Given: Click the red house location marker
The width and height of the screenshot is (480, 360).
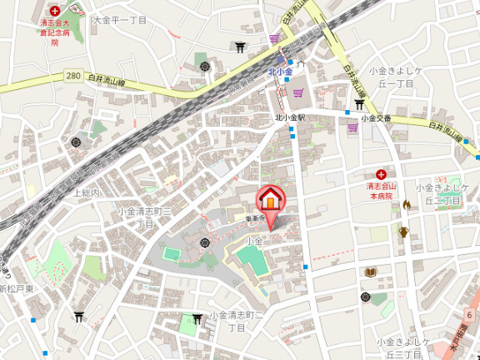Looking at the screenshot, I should (270, 200).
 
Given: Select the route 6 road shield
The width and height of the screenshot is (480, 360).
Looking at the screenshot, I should (470, 313).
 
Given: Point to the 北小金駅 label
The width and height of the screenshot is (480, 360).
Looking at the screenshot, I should (290, 118).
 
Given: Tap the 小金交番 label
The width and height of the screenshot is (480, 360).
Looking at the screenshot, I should (376, 119).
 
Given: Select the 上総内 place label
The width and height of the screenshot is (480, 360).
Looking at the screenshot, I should (87, 192).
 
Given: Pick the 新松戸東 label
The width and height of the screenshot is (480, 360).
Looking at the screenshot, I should (17, 288).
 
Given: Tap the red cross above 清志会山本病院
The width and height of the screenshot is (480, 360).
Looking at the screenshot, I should (380, 174).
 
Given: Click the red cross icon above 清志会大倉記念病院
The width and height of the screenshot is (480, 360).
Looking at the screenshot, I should (55, 11).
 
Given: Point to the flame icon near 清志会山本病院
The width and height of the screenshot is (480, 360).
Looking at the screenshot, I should (406, 204).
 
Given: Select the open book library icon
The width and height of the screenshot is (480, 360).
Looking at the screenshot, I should (370, 272).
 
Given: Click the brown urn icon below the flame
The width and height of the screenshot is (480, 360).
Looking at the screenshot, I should (403, 232).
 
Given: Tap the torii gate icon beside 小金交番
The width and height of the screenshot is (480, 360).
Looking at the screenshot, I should (358, 104).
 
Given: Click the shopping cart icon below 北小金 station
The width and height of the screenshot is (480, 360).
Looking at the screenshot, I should (297, 92).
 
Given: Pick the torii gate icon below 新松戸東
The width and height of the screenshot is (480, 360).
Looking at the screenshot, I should (78, 316).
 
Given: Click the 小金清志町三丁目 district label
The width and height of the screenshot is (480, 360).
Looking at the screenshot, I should (146, 217).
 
